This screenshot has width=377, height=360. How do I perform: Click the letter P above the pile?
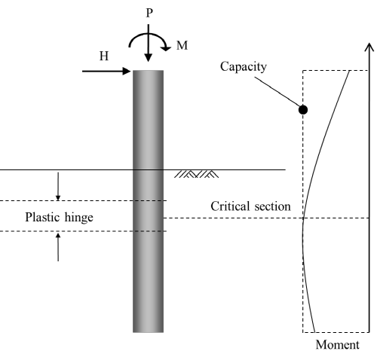pyautogui.click(x=149, y=13)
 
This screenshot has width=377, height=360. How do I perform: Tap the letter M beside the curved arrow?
pyautogui.click(x=182, y=45)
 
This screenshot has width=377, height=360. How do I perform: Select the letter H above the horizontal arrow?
pyautogui.click(x=104, y=56)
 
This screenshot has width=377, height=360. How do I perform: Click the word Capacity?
pyautogui.click(x=244, y=66)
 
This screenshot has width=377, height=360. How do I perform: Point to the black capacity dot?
pyautogui.click(x=303, y=110)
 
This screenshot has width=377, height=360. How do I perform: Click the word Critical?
pyautogui.click(x=231, y=206)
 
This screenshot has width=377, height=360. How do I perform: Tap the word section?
pyautogui.click(x=273, y=206)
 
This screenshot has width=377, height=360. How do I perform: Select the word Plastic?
pyautogui.click(x=43, y=217)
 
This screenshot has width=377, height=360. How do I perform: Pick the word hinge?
pyautogui.click(x=78, y=218)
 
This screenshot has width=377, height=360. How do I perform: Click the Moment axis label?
pyautogui.click(x=337, y=344)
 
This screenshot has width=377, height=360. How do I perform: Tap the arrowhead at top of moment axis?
pyautogui.click(x=369, y=47)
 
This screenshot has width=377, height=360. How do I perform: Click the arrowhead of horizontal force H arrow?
pyautogui.click(x=127, y=72)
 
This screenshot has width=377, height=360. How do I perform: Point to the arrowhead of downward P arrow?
pyautogui.click(x=149, y=57)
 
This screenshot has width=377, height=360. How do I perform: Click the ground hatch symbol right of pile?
pyautogui.click(x=196, y=174)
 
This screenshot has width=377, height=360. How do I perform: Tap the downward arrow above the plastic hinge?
pyautogui.click(x=58, y=186)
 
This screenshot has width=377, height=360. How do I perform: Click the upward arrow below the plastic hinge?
pyautogui.click(x=58, y=247)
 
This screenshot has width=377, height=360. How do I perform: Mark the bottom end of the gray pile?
pyautogui.click(x=148, y=332)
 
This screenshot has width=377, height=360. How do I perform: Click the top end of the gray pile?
pyautogui.click(x=148, y=71)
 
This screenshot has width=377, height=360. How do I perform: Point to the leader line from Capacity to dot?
pyautogui.click(x=277, y=92)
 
